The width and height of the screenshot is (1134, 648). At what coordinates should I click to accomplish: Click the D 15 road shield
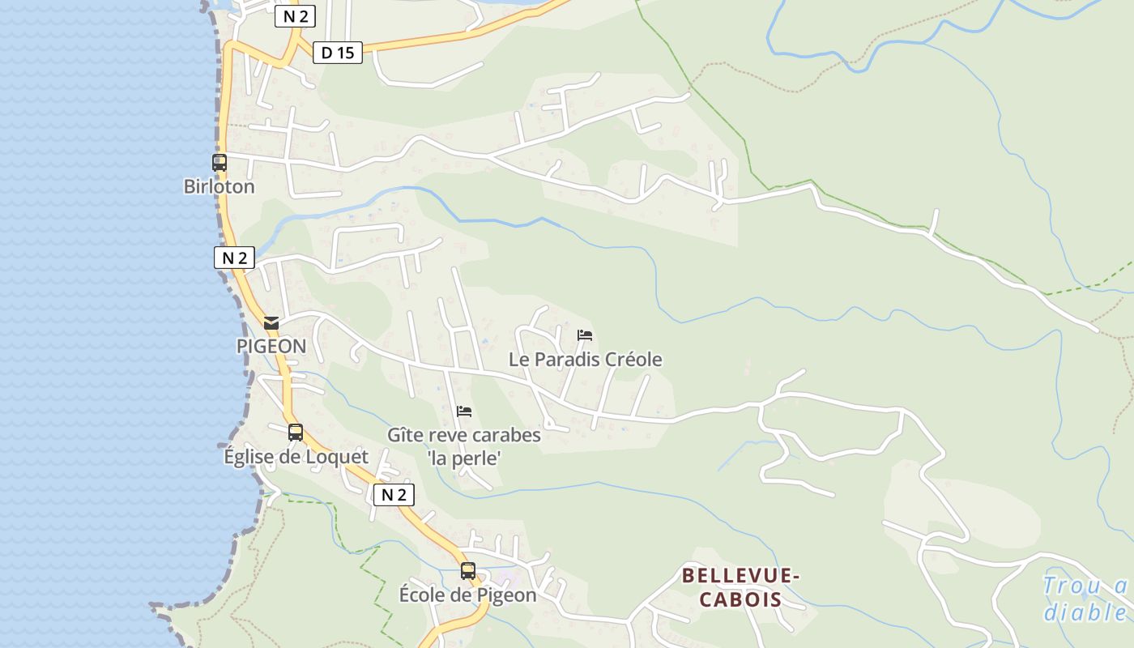click(x=338, y=53)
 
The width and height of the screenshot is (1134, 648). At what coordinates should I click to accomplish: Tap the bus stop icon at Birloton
click(x=220, y=162)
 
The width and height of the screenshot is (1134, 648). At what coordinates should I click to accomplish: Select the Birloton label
click(x=219, y=186)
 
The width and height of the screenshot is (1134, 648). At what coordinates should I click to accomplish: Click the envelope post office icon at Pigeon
click(x=271, y=323)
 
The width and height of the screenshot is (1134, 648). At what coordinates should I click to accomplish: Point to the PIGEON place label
click(x=271, y=346)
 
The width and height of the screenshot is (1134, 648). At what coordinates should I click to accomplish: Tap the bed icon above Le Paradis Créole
click(x=585, y=335)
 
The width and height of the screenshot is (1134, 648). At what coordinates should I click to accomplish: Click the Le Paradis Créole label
click(x=585, y=359)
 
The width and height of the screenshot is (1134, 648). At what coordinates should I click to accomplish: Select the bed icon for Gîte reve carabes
click(x=464, y=411)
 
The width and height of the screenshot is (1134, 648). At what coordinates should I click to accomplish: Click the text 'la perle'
click(x=464, y=458)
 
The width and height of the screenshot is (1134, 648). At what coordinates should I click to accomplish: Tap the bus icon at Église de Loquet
click(x=296, y=433)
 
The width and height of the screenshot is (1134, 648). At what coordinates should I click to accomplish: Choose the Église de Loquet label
click(x=296, y=457)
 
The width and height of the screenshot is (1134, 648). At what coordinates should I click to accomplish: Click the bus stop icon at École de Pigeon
click(x=468, y=570)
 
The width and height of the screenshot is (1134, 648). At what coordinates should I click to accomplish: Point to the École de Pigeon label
click(x=467, y=595)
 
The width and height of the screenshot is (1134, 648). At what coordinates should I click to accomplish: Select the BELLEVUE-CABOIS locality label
click(x=740, y=587)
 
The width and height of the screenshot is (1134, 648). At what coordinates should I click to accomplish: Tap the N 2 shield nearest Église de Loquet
click(x=394, y=494)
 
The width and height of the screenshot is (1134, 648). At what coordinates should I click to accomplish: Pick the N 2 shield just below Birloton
click(x=234, y=258)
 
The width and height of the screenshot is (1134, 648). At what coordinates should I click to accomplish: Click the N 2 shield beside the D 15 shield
click(x=295, y=16)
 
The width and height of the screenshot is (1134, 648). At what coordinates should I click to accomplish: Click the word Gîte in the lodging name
click(x=404, y=435)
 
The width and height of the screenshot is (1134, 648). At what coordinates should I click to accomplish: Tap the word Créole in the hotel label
click(x=633, y=359)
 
